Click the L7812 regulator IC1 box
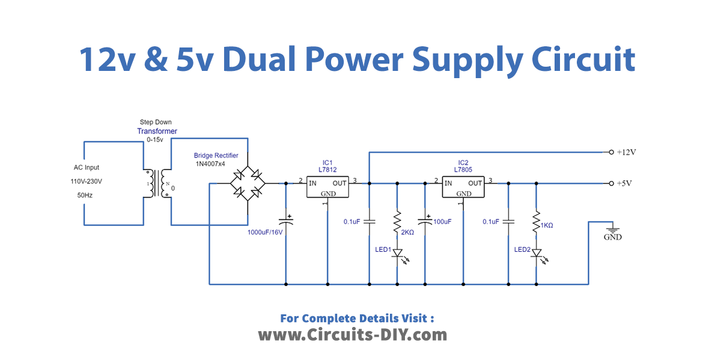(327, 188)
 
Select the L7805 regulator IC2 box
(463, 188)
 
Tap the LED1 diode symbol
(397, 254)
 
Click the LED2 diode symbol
(535, 254)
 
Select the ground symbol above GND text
(613, 228)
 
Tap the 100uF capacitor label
(442, 222)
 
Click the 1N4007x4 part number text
(210, 163)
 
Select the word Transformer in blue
(157, 131)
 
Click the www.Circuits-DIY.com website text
(353, 335)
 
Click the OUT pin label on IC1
(339, 183)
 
